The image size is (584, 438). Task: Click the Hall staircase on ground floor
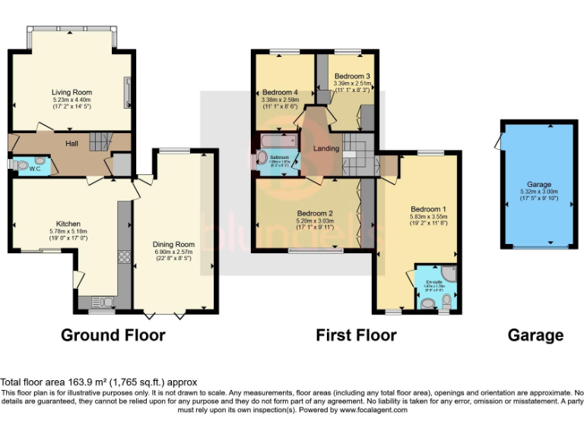pyautogui.click(x=100, y=141)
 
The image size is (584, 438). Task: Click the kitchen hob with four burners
pyautogui.click(x=125, y=257)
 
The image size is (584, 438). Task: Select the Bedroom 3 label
pyautogui.click(x=352, y=77)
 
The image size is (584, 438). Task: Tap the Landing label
pyautogui.click(x=326, y=148)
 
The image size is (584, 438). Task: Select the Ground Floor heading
pyautogui.click(x=113, y=335)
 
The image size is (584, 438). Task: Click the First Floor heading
pyautogui.click(x=356, y=335)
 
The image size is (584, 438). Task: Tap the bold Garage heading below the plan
pyautogui.click(x=536, y=335)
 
